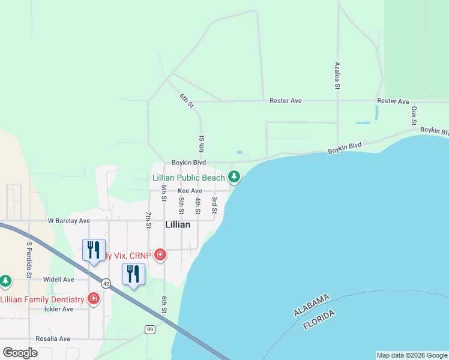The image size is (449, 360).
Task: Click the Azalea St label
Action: [337, 76]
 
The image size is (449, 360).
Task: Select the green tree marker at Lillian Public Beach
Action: [234, 177]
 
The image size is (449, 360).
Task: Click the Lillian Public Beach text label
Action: [188, 178]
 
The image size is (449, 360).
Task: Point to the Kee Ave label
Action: [190, 191]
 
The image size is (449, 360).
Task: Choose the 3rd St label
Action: [214, 205]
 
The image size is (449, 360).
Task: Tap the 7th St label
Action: [148, 220]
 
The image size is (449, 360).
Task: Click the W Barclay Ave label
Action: [69, 221]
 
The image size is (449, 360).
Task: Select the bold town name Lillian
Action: [178, 224]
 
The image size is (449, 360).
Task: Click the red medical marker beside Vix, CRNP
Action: [160, 256]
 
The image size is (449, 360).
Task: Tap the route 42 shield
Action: [106, 283]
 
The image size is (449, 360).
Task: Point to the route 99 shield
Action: [149, 329]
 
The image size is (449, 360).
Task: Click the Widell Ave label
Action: [58, 280]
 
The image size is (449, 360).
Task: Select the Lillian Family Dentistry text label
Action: [42, 299]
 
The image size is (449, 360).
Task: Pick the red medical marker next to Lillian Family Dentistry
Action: [94, 298]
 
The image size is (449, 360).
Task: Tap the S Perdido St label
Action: [29, 260]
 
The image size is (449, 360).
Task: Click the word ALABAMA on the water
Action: [312, 305]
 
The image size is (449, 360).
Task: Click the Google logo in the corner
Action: [20, 353]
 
